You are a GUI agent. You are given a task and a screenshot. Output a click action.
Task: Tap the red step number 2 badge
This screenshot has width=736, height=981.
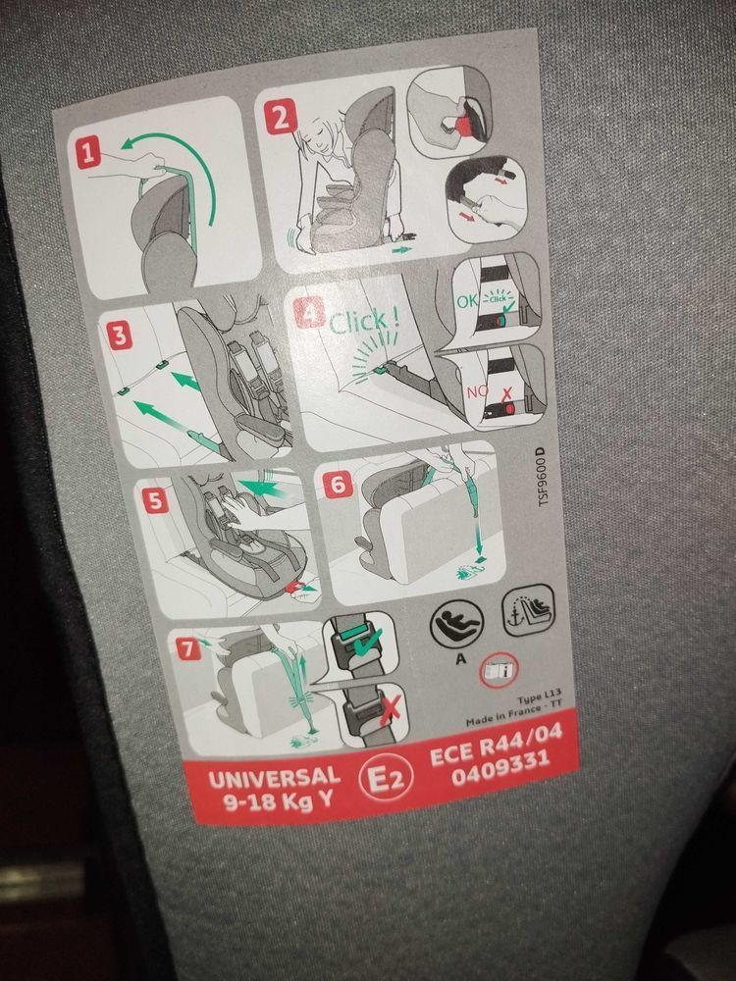[281, 119]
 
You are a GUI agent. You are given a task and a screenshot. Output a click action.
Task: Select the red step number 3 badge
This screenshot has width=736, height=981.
[119, 336]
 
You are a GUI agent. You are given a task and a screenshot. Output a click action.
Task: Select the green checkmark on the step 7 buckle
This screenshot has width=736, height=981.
[365, 645]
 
